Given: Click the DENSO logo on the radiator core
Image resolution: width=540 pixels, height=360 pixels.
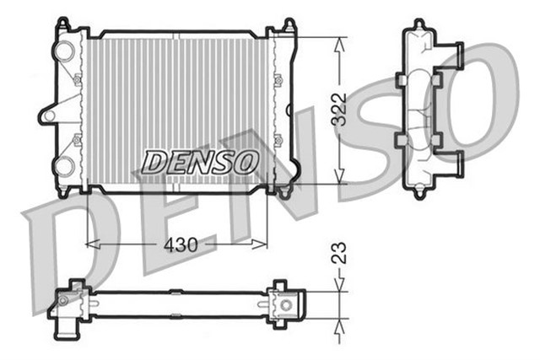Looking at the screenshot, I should point(199,160).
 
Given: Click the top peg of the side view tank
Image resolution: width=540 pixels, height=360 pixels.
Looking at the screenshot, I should point(419,25).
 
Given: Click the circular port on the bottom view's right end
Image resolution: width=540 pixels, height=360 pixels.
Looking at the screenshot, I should point(288,304).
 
